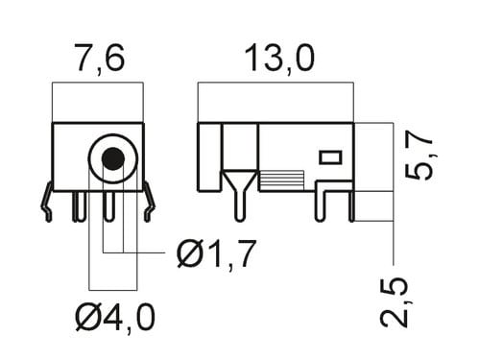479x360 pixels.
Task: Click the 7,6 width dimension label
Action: click(100, 59)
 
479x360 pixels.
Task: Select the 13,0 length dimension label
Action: click(279, 59)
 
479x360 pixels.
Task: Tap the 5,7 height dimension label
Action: click(419, 155)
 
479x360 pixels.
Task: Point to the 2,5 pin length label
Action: click(395, 301)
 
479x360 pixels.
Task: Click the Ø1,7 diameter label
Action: click(217, 253)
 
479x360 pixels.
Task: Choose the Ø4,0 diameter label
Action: click(115, 317)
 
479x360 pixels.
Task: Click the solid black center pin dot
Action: click(113, 158)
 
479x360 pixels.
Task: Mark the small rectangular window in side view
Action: click(331, 157)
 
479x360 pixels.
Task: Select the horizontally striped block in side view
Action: click(281, 180)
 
